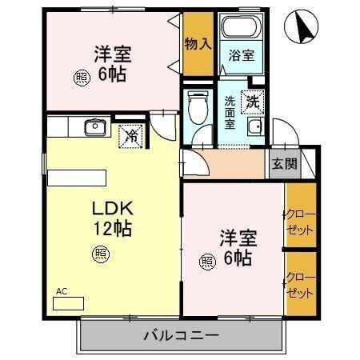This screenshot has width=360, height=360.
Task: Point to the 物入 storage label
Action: tap(198, 43)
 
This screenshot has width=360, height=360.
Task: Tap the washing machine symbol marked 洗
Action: tap(252, 102)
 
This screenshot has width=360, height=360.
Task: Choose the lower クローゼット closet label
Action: tap(300, 284)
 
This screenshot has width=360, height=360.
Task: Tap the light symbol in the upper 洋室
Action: tap(82, 78)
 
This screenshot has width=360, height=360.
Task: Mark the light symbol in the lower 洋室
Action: tap(207, 260)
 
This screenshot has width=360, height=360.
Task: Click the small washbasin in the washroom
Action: tap(254, 130)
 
